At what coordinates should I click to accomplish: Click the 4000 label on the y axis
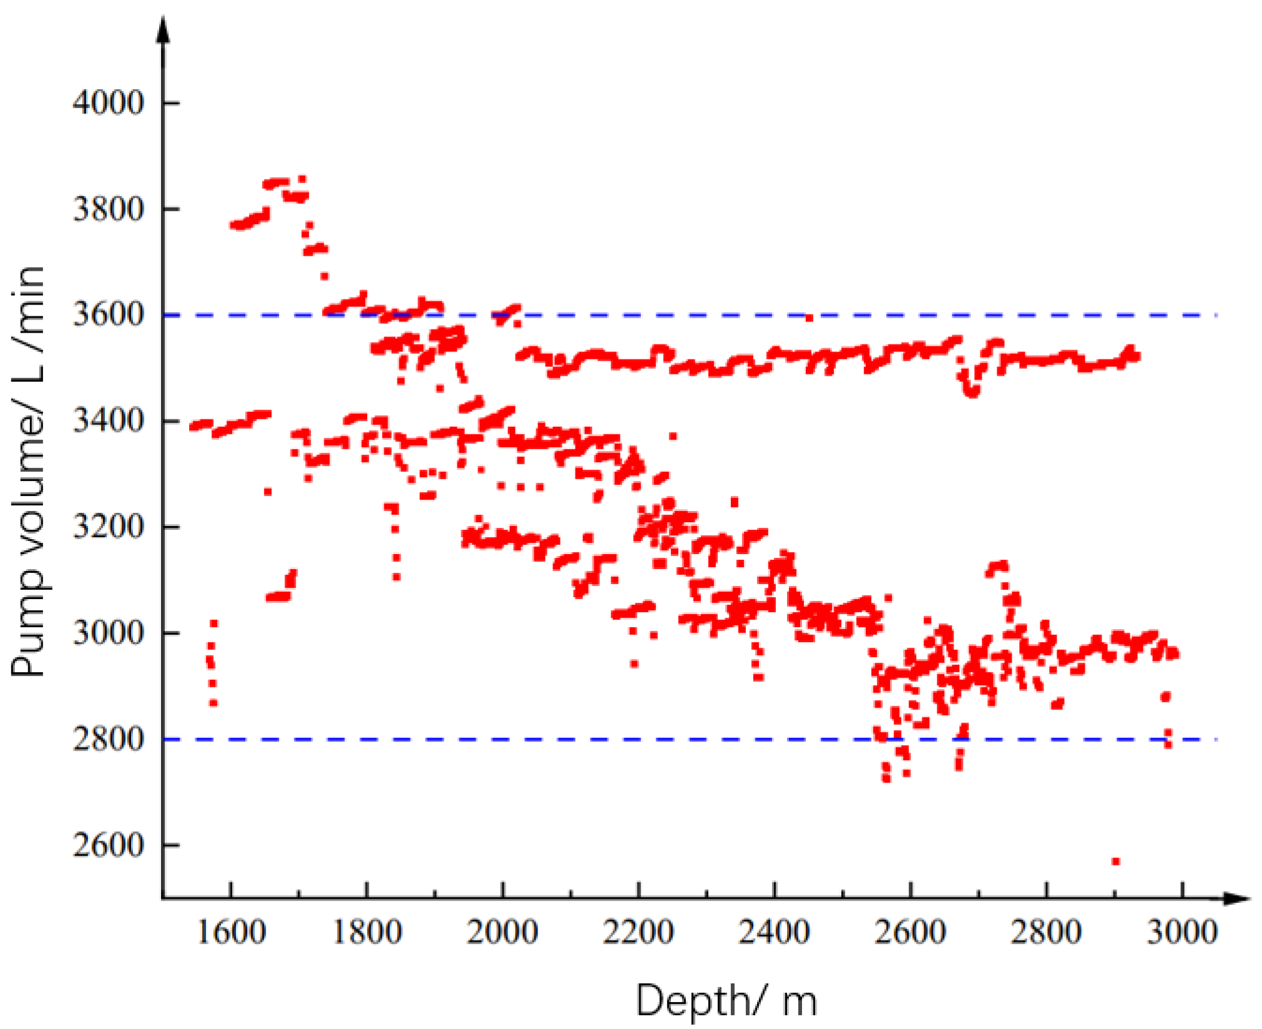pyautogui.click(x=108, y=102)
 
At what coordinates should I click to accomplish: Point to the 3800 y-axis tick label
pyautogui.click(x=108, y=209)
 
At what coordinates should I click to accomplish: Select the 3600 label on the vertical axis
pyautogui.click(x=108, y=315)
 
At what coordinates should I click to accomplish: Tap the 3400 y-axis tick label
pyautogui.click(x=108, y=421)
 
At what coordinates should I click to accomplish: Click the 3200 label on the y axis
pyautogui.click(x=108, y=527)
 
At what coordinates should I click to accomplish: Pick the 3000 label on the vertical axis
pyautogui.click(x=108, y=633)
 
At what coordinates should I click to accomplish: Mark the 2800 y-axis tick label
pyautogui.click(x=108, y=739)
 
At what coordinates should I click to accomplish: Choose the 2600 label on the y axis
pyautogui.click(x=108, y=846)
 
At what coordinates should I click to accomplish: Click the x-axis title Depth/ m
pyautogui.click(x=726, y=1000)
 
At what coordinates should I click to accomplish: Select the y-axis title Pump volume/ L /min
pyautogui.click(x=28, y=471)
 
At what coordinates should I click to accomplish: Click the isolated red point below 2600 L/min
pyautogui.click(x=1116, y=862)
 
